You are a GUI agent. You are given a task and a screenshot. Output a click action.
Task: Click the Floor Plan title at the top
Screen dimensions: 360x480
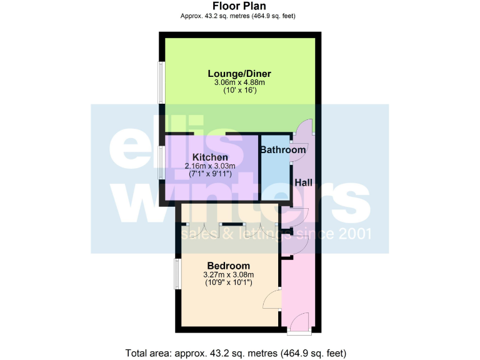[241, 6]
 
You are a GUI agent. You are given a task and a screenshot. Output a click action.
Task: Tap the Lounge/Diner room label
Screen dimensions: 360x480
[239, 74]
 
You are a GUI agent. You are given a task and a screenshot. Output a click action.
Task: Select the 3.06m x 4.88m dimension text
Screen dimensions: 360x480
[239, 82]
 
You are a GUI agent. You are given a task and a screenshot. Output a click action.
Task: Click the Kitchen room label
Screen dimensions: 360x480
[210, 157]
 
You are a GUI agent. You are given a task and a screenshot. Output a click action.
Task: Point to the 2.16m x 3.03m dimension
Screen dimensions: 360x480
[210, 166]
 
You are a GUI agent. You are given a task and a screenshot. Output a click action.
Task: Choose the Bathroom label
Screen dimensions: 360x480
[283, 150]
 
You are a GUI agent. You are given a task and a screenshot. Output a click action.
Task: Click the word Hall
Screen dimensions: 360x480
[304, 182]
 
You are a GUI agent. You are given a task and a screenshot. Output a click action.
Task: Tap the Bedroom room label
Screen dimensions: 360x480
[228, 266]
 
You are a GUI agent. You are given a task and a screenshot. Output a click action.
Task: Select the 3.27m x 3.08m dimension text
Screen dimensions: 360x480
[227, 274]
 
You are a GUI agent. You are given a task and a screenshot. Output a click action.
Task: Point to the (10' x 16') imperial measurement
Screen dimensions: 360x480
[239, 91]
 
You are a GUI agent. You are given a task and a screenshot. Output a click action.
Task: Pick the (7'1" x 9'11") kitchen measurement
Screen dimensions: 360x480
[210, 175]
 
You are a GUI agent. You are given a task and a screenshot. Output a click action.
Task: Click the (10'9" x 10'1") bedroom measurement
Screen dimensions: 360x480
[227, 283]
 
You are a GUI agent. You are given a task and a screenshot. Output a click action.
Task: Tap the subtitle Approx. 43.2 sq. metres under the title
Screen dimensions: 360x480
[241, 16]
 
